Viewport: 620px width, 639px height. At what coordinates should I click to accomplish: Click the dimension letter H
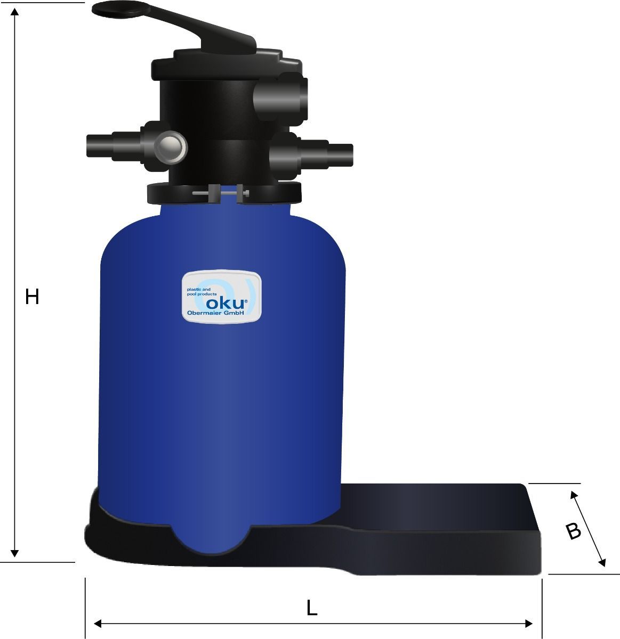coord(32,297)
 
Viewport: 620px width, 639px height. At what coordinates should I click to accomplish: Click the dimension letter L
coord(312,608)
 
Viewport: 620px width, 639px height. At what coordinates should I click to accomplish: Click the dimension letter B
coord(573,531)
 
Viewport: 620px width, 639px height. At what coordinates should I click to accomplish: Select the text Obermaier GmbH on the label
coord(215,313)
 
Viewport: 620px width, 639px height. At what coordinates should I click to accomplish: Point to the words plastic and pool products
coord(202,292)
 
